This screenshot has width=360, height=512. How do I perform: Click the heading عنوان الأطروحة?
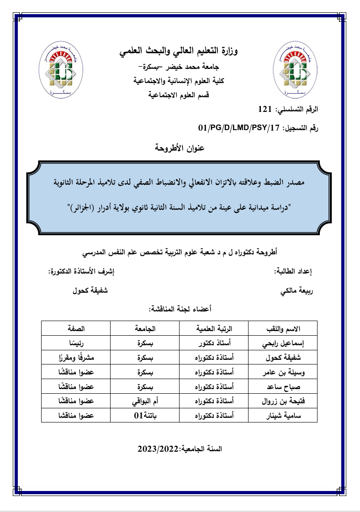click(180, 148)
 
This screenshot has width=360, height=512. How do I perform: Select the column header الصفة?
click(76, 329)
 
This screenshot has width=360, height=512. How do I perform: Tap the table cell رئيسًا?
click(76, 343)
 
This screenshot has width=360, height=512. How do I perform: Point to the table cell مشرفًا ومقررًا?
click(76, 358)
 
